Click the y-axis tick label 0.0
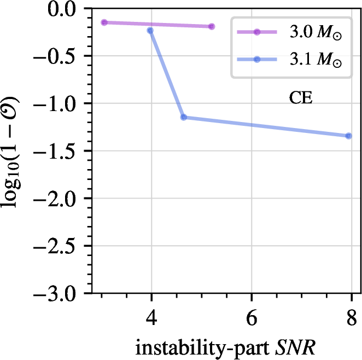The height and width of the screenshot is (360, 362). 65,9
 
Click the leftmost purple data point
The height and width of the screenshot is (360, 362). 104,22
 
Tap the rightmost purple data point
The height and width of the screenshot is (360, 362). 212,26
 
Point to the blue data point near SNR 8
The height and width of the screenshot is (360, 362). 348,136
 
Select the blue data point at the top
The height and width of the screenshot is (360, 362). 150,31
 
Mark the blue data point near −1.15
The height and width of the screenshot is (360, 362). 184,117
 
